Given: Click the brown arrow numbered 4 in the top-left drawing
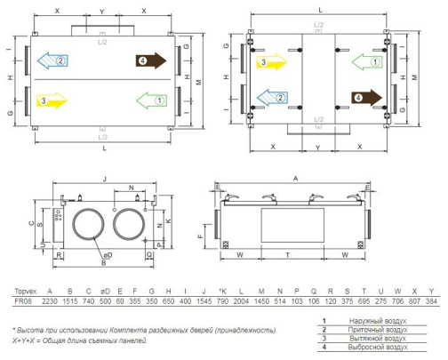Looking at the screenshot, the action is [x=151, y=60].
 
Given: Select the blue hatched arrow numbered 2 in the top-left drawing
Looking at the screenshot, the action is [x=52, y=60].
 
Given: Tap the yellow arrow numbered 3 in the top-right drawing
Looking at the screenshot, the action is [x=271, y=62].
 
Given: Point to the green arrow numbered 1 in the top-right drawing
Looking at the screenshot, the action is [x=367, y=62].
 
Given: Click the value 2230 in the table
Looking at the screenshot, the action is [x=50, y=301].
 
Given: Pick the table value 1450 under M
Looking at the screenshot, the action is [x=261, y=301].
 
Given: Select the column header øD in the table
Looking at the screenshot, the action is [x=105, y=292].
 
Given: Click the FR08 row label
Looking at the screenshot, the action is [x=23, y=301].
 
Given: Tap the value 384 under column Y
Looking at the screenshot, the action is [x=431, y=301].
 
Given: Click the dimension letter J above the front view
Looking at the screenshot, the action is [x=104, y=179].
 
